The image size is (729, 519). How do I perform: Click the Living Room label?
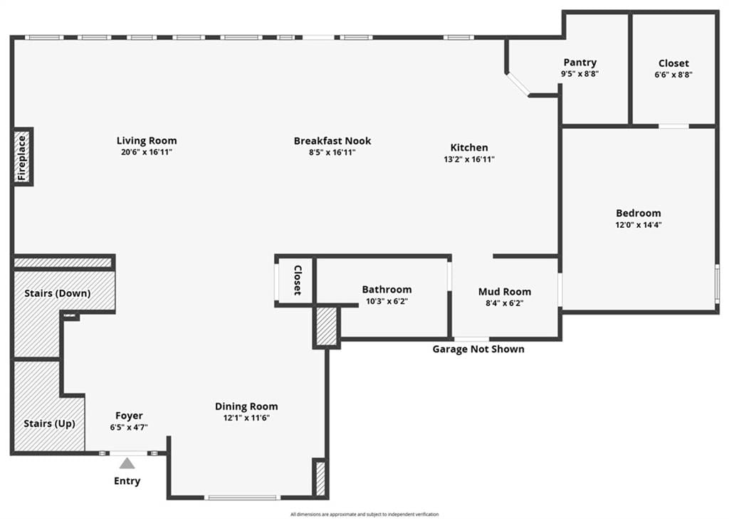tap(147, 140)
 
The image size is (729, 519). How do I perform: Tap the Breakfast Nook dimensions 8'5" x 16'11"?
tap(332, 152)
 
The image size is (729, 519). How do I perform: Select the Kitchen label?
tap(469, 147)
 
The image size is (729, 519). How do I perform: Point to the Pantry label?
tap(579, 63)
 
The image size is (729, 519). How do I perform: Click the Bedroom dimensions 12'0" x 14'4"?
tap(639, 225)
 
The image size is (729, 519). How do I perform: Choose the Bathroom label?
tap(387, 289)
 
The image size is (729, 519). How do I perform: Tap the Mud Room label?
tap(505, 292)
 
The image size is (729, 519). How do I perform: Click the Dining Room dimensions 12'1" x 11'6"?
tap(246, 418)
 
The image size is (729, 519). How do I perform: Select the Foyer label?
tap(129, 416)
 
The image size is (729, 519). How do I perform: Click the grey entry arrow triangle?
tap(127, 463)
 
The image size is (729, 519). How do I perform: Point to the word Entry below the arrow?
tap(127, 481)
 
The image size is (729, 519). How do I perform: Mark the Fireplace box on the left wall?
tap(22, 157)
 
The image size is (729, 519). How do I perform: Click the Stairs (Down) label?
tap(57, 293)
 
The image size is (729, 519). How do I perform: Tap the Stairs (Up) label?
tap(49, 424)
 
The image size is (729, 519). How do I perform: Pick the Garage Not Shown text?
tap(478, 349)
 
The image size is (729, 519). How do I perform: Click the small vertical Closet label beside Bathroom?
tap(298, 280)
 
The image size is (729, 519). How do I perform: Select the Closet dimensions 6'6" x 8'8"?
tap(673, 75)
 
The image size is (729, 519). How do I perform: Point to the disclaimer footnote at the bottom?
tap(364, 514)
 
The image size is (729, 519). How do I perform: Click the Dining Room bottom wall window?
tap(242, 498)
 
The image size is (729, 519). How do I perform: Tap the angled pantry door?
tap(517, 84)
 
